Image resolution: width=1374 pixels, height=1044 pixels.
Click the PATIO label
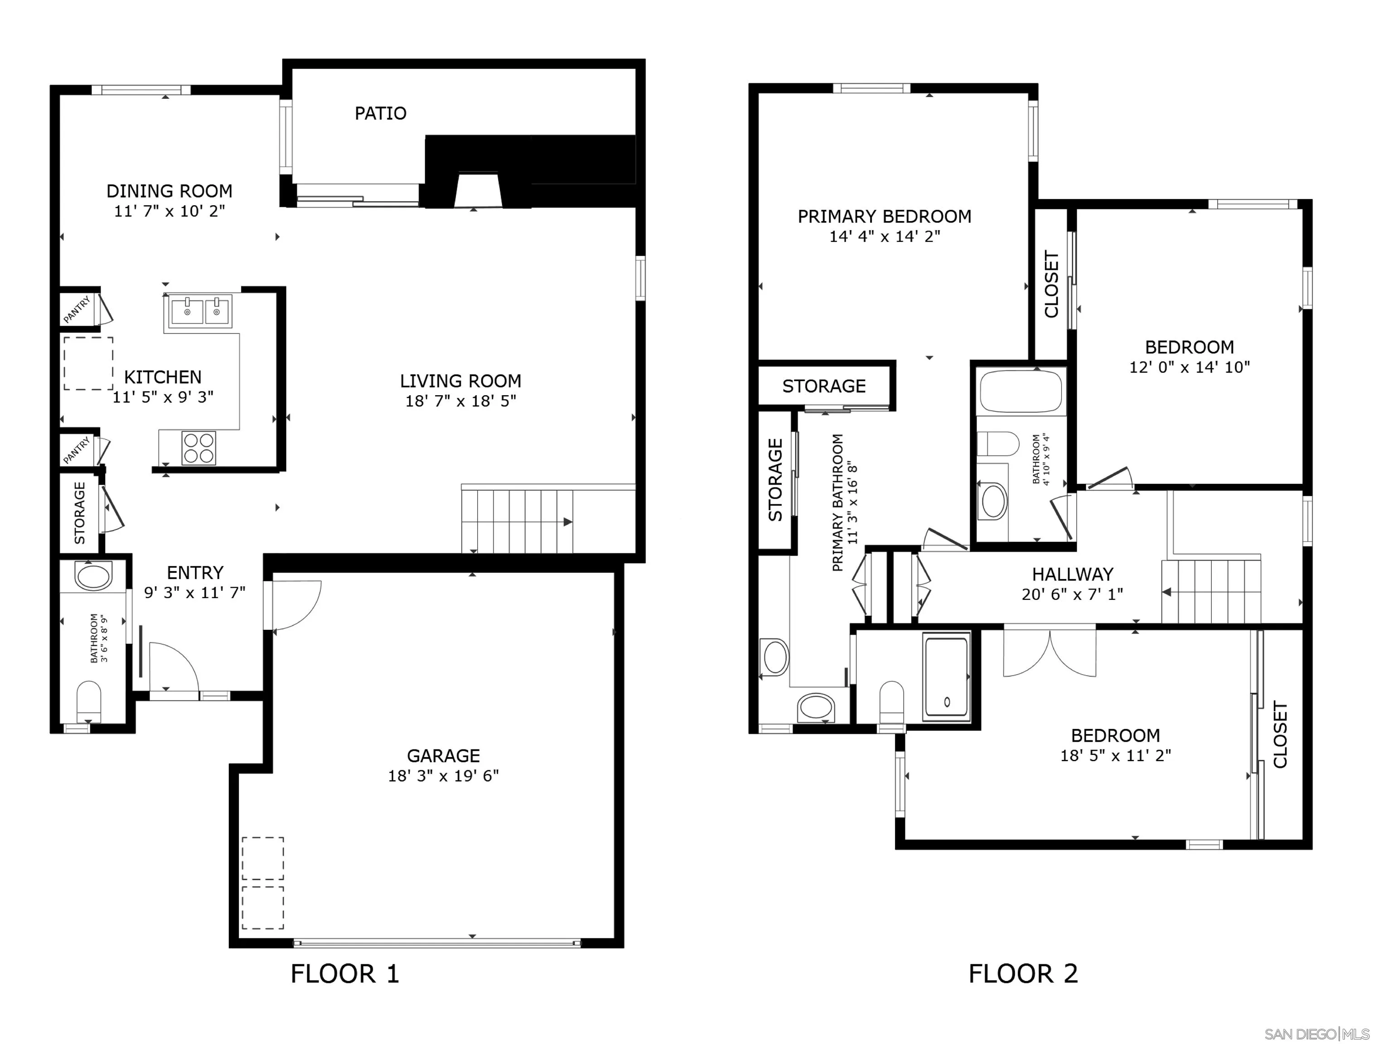tap(380, 113)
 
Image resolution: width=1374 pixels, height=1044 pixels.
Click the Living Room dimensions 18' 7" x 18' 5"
tap(460, 401)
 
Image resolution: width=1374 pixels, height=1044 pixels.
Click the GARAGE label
tap(443, 756)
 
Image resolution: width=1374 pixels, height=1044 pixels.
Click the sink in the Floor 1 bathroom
tap(93, 575)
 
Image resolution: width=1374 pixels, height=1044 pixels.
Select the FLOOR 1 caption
tap(345, 974)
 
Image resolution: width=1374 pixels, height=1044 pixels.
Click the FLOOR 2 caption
tap(1023, 974)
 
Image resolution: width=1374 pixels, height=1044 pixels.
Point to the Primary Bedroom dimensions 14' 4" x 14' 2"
tap(884, 236)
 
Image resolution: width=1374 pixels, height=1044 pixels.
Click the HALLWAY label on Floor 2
tap(1072, 574)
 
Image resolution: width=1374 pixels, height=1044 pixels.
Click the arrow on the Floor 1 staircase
tap(567, 522)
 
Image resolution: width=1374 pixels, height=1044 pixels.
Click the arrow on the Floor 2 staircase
tap(1167, 592)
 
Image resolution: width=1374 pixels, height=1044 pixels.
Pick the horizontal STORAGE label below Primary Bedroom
tap(823, 386)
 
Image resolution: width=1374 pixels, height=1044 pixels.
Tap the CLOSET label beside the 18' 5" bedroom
tap(1280, 735)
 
